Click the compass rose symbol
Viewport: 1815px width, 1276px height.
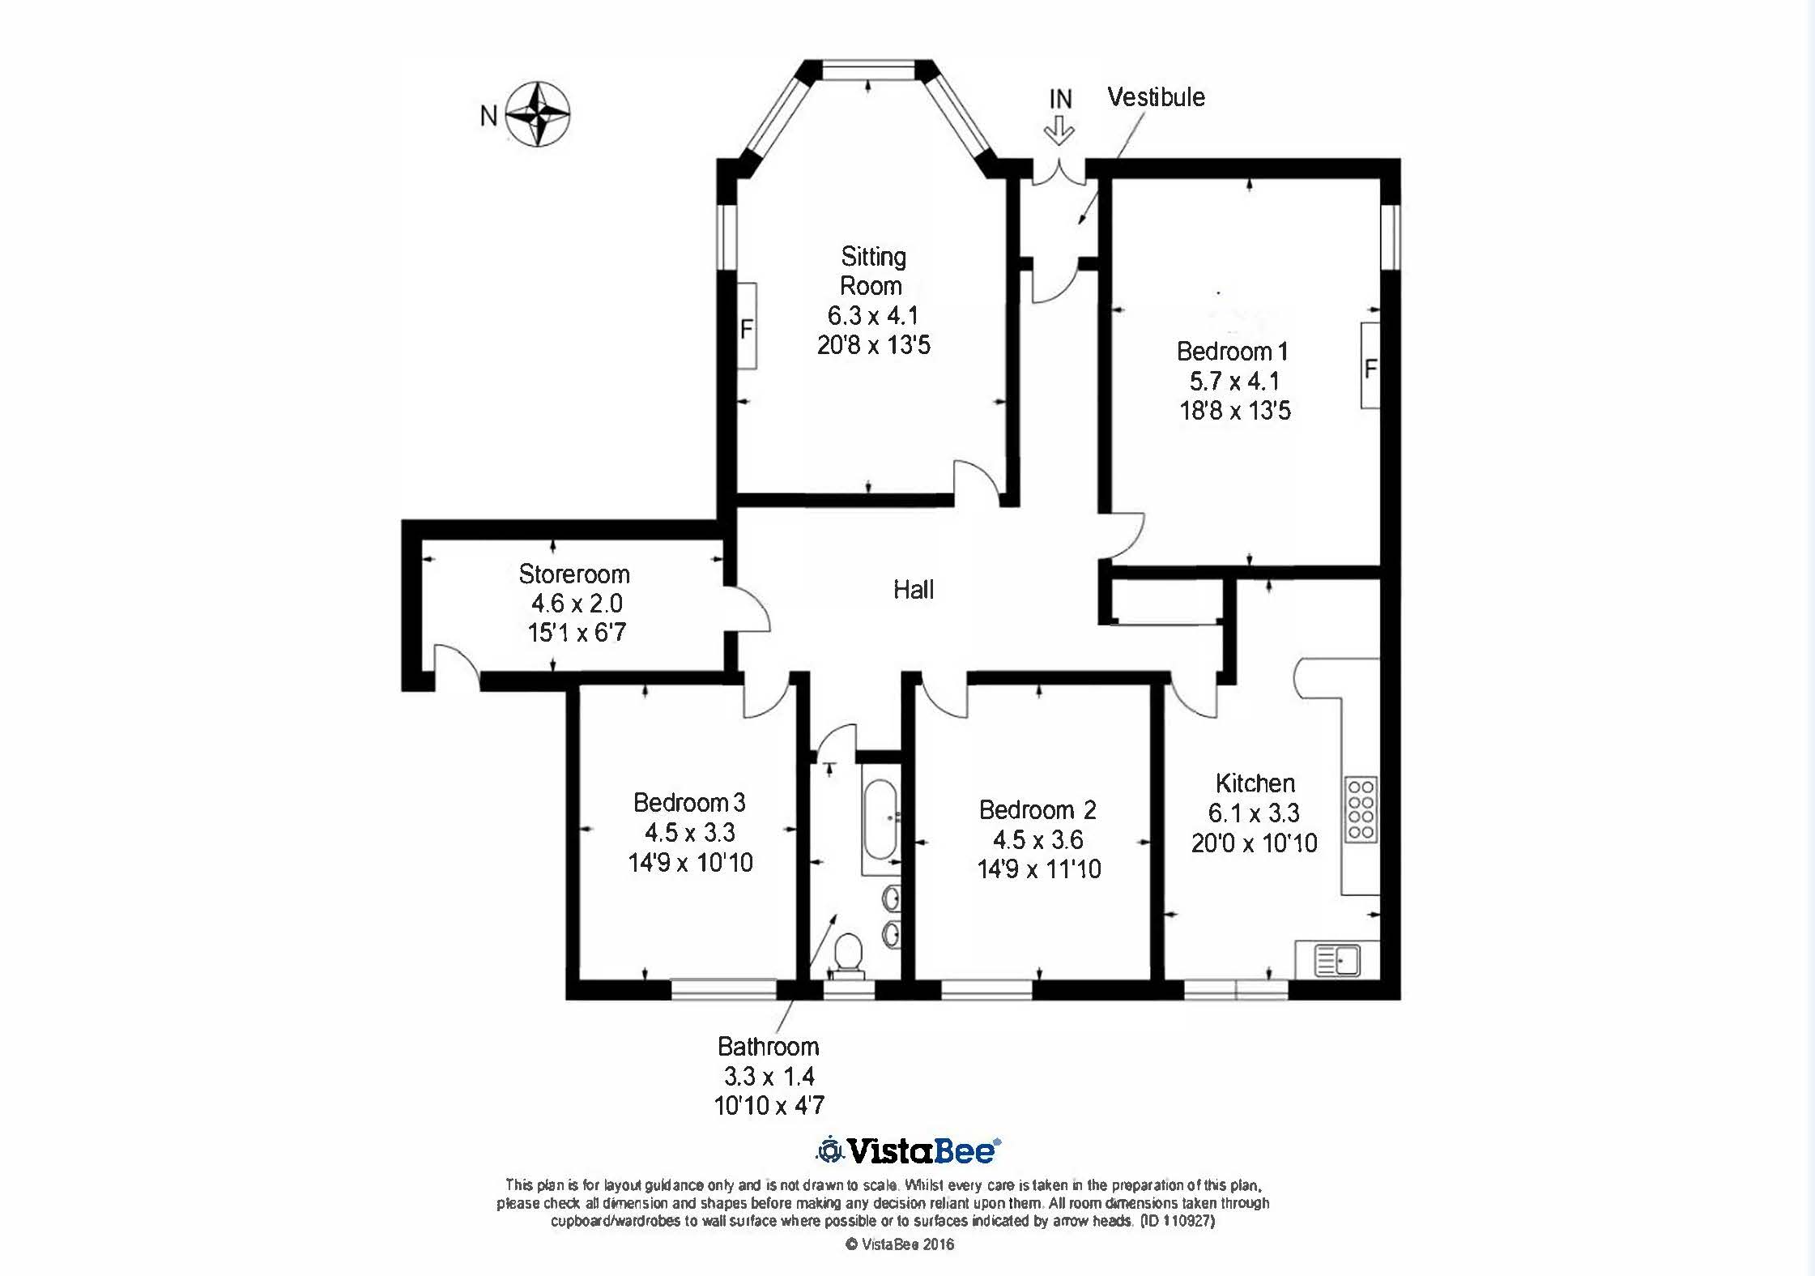(538, 114)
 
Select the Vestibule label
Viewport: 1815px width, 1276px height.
(1156, 97)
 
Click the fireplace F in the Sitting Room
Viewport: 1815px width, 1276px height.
(747, 329)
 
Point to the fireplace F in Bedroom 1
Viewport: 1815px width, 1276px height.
(1370, 369)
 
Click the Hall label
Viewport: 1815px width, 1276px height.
(914, 589)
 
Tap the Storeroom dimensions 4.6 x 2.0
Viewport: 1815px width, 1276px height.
(577, 604)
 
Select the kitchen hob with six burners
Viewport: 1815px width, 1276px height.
(1361, 809)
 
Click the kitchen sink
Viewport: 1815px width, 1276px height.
(1337, 961)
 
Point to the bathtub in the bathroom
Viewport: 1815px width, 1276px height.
(880, 820)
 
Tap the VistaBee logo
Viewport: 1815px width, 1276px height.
(908, 1150)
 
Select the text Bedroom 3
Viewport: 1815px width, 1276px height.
(689, 802)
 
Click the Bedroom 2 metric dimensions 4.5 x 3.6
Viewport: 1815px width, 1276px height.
(1038, 839)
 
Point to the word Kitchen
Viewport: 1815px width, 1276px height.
(1255, 783)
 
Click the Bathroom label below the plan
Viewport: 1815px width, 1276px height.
(769, 1047)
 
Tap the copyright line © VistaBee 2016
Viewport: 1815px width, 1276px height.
(900, 1244)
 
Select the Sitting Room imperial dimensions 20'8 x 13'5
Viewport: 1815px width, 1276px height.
(874, 345)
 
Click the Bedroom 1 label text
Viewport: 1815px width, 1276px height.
(1233, 352)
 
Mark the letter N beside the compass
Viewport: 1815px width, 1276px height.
(488, 116)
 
